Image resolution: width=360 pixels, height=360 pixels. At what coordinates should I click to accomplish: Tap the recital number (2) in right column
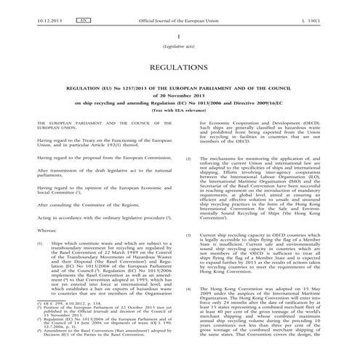tap(189, 158)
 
